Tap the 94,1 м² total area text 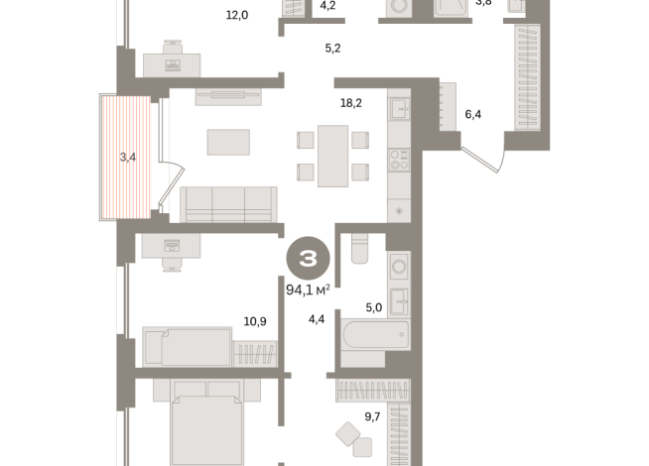(308, 290)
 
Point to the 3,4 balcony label (128, 157)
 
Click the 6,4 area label (474, 114)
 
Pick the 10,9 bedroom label (256, 321)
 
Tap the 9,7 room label (372, 416)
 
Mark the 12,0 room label (236, 15)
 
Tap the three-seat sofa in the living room (228, 203)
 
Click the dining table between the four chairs (332, 156)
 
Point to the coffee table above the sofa (229, 143)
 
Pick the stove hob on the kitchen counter (399, 157)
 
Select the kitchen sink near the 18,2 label (399, 108)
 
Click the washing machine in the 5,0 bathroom (398, 266)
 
